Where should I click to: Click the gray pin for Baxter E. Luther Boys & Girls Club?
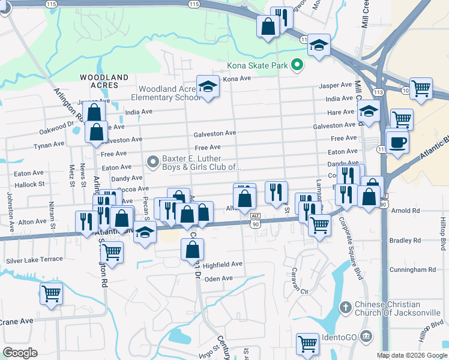153,161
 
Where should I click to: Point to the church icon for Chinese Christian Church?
345,308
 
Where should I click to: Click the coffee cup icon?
397,142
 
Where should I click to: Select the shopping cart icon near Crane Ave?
51,294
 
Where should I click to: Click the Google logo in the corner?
20,353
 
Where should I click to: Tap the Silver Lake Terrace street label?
34,260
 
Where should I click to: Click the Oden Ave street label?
218,278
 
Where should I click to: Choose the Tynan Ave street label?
49,145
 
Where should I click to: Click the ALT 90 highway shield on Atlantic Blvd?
255,220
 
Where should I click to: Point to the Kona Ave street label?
237,79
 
